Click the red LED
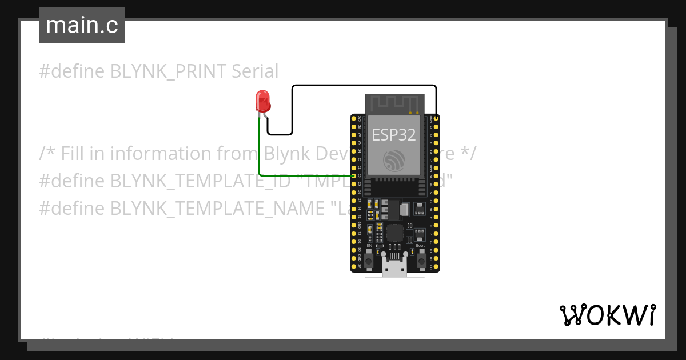[262, 101]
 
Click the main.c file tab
[82, 26]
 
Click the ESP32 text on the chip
[394, 135]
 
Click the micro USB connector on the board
[394, 267]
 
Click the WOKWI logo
[607, 315]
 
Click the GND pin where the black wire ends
[436, 118]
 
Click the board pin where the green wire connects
[354, 176]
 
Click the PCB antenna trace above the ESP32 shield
[394, 104]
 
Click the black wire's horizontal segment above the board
[366, 86]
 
